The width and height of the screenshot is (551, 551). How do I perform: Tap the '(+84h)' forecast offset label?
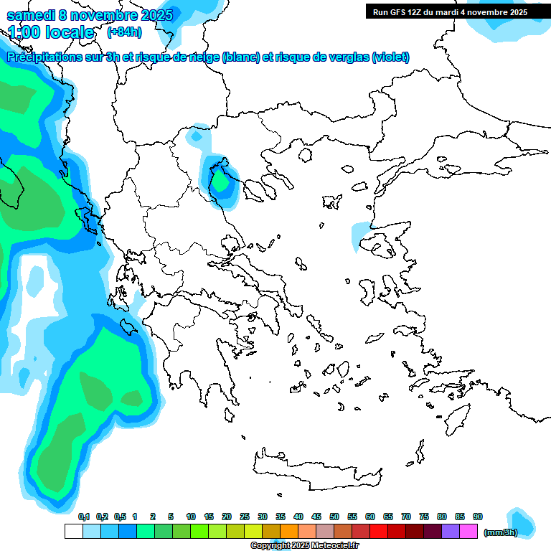click(x=124, y=32)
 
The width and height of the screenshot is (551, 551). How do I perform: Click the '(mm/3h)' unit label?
click(x=500, y=532)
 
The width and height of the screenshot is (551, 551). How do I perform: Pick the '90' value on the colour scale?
click(x=478, y=517)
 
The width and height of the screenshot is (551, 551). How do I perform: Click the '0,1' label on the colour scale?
click(x=84, y=517)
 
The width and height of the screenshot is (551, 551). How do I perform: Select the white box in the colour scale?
click(x=73, y=532)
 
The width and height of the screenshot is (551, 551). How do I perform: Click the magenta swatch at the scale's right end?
click(x=468, y=532)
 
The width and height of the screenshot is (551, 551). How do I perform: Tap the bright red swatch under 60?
click(x=379, y=532)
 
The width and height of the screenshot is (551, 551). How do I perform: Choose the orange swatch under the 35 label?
click(x=289, y=532)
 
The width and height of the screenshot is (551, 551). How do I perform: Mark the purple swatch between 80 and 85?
click(x=451, y=532)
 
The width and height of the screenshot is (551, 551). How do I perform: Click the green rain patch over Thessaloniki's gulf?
click(x=222, y=183)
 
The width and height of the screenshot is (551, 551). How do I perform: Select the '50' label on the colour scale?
click(x=334, y=517)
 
